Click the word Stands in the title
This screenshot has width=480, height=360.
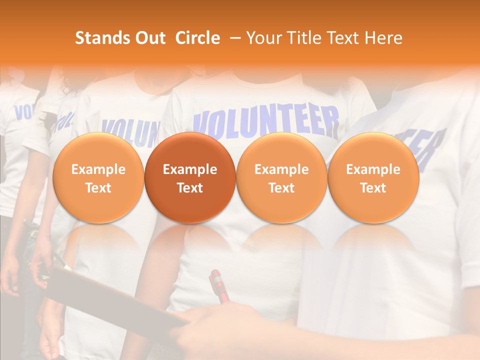95,38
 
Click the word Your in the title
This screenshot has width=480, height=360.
262,38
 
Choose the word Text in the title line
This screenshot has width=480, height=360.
340,38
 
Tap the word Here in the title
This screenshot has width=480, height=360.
383,38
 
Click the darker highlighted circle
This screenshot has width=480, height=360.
190,177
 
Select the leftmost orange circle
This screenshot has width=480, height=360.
98,177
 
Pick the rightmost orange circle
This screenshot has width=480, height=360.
373,177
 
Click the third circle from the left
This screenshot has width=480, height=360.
281,177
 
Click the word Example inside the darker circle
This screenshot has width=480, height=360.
190,169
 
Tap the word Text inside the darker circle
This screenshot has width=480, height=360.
190,188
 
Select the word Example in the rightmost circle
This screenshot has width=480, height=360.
373,169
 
